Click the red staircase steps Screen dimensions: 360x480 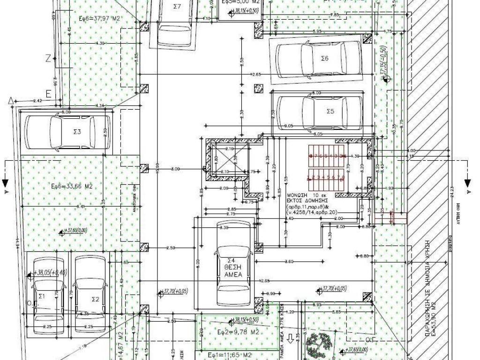point(326,166)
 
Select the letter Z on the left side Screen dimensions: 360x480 point(48,59)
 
